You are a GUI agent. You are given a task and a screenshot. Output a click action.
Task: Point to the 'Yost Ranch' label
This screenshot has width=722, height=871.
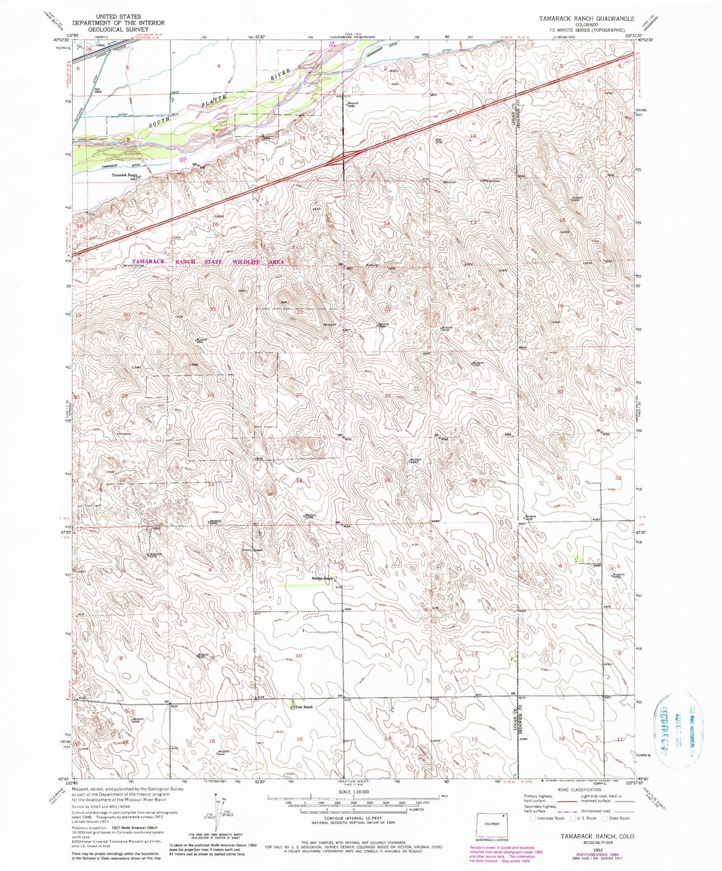click(304, 707)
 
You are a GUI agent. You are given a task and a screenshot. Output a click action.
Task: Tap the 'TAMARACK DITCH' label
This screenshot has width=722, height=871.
click(117, 166)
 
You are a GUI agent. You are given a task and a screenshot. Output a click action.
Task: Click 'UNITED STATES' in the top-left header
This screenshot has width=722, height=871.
click(118, 16)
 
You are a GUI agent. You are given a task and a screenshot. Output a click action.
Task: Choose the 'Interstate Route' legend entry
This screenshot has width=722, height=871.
click(548, 818)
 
